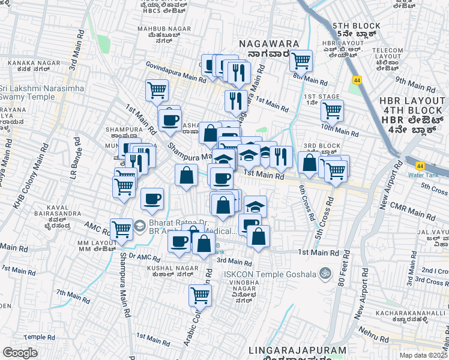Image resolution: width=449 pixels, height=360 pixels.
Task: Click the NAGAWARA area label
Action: tap(265, 43)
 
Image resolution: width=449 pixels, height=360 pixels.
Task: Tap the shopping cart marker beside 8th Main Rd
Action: tap(301, 60)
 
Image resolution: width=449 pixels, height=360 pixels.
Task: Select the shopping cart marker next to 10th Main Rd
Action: tap(331, 110)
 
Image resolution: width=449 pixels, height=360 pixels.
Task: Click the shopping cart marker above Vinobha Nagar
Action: tap(200, 295)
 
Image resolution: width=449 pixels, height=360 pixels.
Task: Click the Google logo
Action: tap(20, 353)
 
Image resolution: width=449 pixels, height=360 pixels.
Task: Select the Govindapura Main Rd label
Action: tap(176, 72)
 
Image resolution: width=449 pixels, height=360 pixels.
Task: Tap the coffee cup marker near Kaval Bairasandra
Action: tap(152, 199)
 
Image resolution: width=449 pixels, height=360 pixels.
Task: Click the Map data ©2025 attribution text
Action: tap(423, 355)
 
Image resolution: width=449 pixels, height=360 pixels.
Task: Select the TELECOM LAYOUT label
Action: tap(387, 55)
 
